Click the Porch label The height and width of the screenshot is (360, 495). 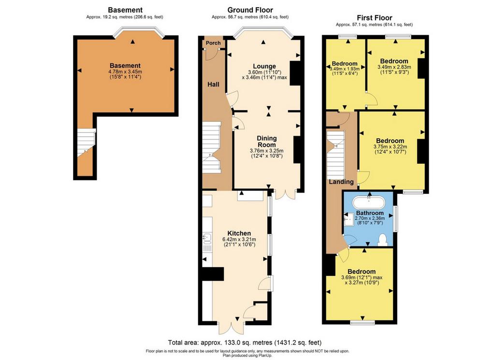click(x=213, y=43)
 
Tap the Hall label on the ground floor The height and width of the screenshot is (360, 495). click(x=213, y=84)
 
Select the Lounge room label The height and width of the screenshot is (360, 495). click(x=264, y=66)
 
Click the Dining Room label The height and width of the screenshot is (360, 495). click(x=267, y=142)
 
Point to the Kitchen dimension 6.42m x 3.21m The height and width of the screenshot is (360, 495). click(x=239, y=239)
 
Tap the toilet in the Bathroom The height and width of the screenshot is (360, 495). click(x=383, y=240)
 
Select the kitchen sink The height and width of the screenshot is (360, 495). click(x=207, y=239)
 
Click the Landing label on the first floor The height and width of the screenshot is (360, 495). click(x=341, y=182)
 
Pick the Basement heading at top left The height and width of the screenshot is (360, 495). click(x=125, y=10)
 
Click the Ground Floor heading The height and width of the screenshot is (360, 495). click(x=250, y=10)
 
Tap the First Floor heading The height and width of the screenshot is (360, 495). click(x=375, y=18)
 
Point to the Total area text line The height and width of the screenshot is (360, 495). click(x=245, y=342)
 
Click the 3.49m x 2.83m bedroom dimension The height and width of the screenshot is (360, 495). click(x=394, y=67)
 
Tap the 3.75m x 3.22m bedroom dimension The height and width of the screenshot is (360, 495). click(x=390, y=147)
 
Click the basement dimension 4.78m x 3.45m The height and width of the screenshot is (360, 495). click(x=125, y=72)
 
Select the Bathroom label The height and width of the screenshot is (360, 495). click(x=370, y=213)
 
